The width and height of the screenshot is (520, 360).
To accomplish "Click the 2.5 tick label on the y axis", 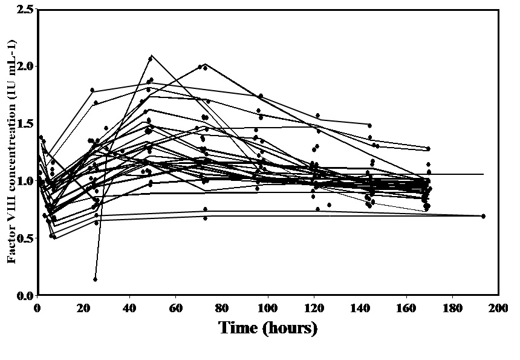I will [x=25, y=9].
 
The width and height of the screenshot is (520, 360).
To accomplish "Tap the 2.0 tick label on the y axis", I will [x=25, y=66].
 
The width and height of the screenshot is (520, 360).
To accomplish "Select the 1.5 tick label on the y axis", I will [x=25, y=123].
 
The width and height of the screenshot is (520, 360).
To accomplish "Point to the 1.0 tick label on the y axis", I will [x=25, y=181].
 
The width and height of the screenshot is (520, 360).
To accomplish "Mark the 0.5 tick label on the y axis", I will [x=25, y=238].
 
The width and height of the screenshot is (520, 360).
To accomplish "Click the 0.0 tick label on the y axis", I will [x=25, y=295].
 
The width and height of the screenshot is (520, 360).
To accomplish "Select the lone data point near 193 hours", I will [x=483, y=216].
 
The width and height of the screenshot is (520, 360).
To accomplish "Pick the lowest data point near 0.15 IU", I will [x=96, y=279].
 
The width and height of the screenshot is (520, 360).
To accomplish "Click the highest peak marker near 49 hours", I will [x=151, y=58].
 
